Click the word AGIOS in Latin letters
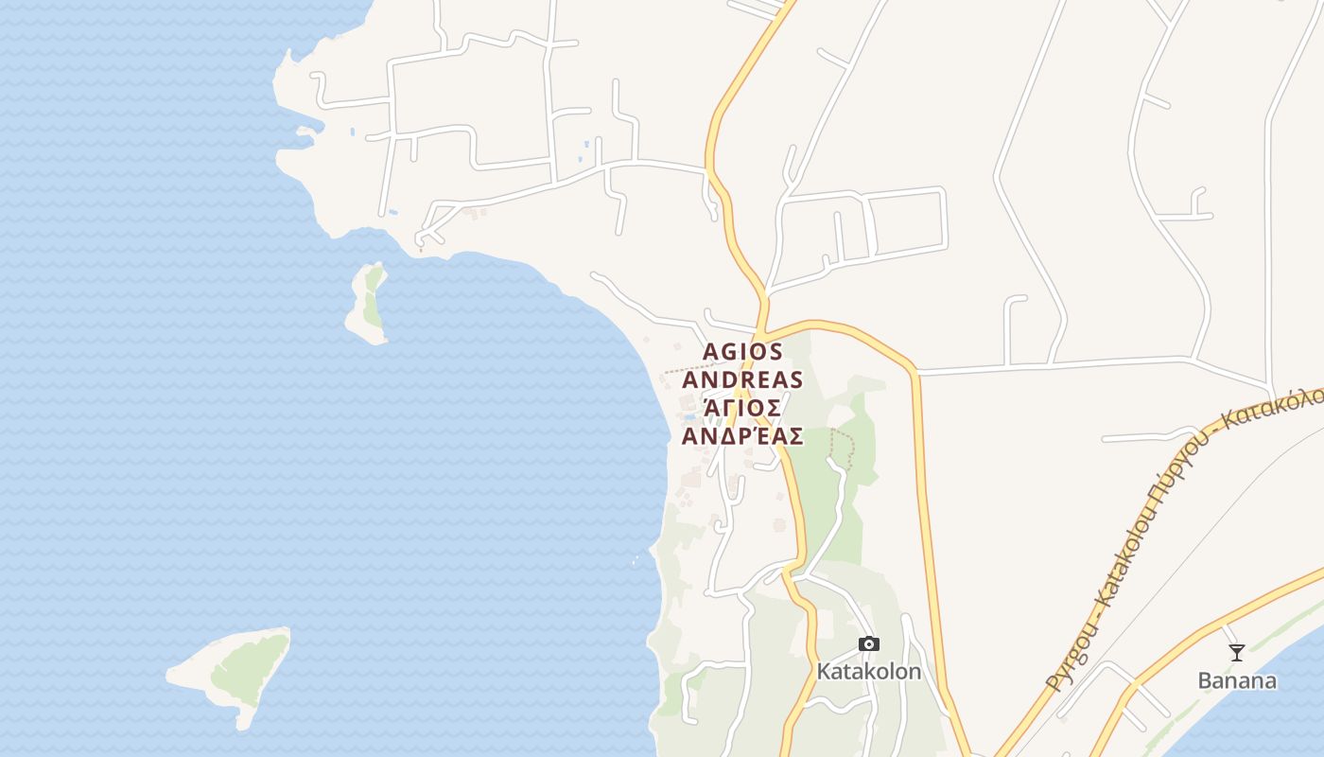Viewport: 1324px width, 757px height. coord(743,352)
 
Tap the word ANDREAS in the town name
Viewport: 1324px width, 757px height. coord(743,380)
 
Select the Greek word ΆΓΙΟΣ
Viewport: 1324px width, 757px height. coord(743,408)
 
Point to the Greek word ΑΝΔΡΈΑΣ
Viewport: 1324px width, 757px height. coord(743,436)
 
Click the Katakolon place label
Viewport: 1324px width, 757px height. coord(868,672)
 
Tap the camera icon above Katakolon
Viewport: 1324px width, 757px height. coord(868,644)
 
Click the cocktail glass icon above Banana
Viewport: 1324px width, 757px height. coord(1236,652)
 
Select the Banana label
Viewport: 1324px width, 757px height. coord(1236,680)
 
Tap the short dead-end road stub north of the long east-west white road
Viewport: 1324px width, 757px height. coord(1014,326)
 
